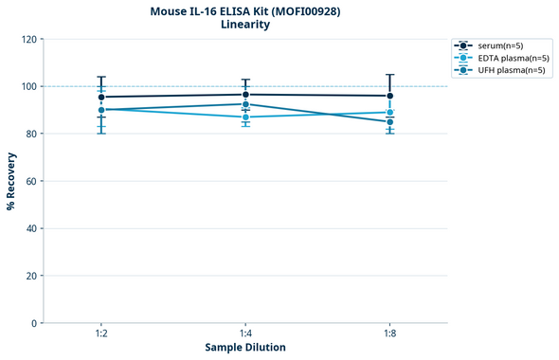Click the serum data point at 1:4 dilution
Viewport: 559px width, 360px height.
coord(245,95)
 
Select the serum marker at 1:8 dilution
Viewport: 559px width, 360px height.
coord(390,96)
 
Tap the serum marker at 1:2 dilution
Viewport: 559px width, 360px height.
coord(101,97)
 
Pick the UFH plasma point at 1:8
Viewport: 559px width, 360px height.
coord(390,122)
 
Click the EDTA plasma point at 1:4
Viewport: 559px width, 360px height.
coord(245,117)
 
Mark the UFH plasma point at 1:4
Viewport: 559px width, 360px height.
coord(245,104)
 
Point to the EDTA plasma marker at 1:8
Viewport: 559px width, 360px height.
coord(390,113)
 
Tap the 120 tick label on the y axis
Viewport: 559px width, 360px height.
coord(28,39)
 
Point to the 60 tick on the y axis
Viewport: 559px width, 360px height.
coord(31,181)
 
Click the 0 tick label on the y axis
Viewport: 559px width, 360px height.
coord(34,323)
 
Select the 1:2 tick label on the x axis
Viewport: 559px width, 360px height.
coord(101,333)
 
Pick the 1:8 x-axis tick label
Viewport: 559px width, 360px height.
coord(390,333)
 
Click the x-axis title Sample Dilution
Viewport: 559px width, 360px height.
coord(245,348)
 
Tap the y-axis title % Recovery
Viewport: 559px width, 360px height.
coord(11,181)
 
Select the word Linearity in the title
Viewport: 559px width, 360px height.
coord(245,25)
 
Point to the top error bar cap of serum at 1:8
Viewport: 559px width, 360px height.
coord(390,75)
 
